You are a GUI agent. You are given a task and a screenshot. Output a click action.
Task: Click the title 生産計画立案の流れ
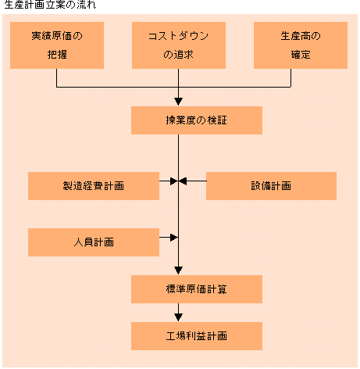(50, 5)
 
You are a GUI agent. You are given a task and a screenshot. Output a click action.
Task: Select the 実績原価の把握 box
(57, 45)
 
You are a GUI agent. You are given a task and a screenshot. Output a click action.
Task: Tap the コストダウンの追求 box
(179, 45)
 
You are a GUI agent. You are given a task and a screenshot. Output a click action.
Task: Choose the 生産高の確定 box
(301, 45)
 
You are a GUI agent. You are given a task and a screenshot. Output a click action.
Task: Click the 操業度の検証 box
(197, 120)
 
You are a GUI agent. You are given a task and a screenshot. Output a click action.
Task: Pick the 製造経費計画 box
(94, 186)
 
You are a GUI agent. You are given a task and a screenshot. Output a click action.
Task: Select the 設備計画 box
(271, 186)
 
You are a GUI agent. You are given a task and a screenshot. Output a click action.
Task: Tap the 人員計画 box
(94, 242)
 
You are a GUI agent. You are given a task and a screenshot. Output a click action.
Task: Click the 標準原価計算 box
(197, 289)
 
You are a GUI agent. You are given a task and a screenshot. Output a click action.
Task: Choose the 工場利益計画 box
(197, 336)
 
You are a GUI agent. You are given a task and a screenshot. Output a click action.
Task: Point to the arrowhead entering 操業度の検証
(178, 102)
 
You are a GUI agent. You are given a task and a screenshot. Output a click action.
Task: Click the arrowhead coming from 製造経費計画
(174, 181)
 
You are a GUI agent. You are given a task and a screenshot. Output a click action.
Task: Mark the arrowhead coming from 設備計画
(183, 181)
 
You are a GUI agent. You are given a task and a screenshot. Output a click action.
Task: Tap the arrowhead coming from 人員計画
(174, 238)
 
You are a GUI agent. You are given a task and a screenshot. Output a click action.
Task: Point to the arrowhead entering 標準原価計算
(178, 270)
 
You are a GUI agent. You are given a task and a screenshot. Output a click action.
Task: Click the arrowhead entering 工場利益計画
(178, 317)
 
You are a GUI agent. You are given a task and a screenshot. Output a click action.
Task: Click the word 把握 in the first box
(57, 55)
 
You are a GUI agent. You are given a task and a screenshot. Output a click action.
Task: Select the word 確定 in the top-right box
(301, 55)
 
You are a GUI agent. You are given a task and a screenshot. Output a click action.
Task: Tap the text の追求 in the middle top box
(179, 55)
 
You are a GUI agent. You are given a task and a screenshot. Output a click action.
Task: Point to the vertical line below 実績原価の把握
(57, 78)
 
